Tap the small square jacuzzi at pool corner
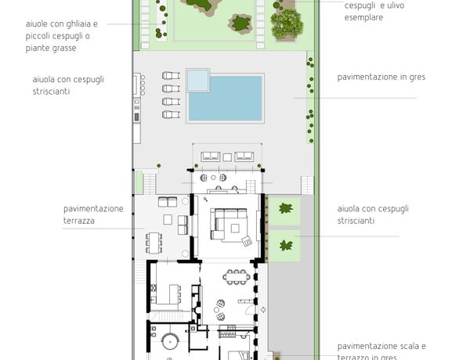[x=197, y=81]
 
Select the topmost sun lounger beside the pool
[x=171, y=75]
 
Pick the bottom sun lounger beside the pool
[x=171, y=114]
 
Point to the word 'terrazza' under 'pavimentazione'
[x=79, y=221]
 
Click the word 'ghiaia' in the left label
[x=78, y=24]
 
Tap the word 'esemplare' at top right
[x=363, y=17]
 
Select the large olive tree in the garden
[x=286, y=23]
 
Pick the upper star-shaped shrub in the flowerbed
[x=286, y=208]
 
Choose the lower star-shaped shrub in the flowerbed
[x=286, y=246]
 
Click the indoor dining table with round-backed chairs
[x=237, y=277]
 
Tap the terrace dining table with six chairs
[x=154, y=243]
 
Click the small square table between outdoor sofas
[x=227, y=157]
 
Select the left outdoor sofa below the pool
[x=211, y=157]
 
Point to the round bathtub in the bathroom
[x=170, y=342]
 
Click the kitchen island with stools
[x=175, y=294]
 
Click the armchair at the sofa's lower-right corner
[x=247, y=241]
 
